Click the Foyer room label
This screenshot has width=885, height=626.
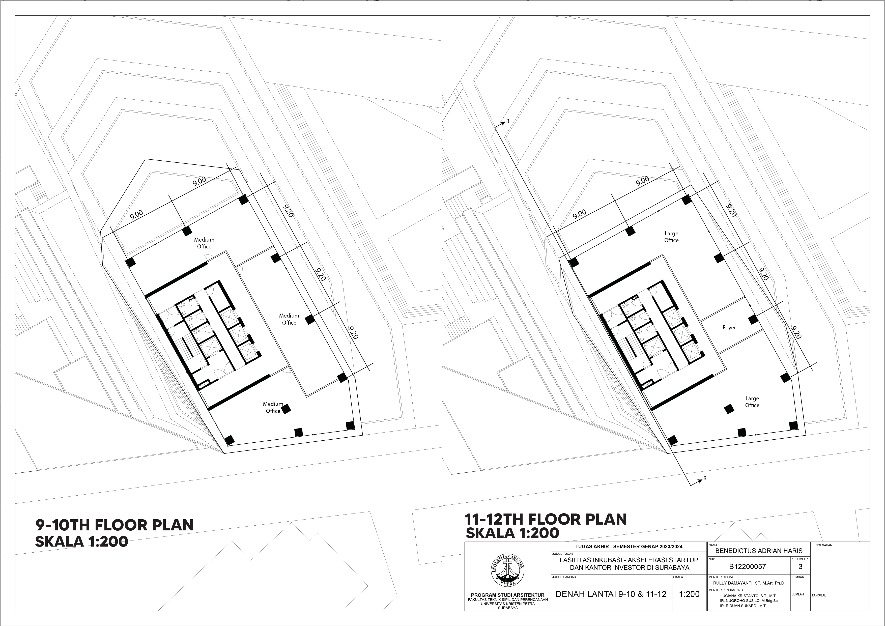pos(729,328)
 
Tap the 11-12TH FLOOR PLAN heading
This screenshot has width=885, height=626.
pos(546,519)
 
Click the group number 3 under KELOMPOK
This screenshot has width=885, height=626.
pos(801,567)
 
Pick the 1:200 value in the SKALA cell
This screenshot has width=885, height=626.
pos(689,594)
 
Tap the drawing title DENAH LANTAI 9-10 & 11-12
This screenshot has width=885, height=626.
pos(611,594)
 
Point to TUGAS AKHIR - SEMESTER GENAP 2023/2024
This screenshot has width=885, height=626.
pos(629,547)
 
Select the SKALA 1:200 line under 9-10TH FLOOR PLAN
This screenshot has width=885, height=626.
pos(82,542)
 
